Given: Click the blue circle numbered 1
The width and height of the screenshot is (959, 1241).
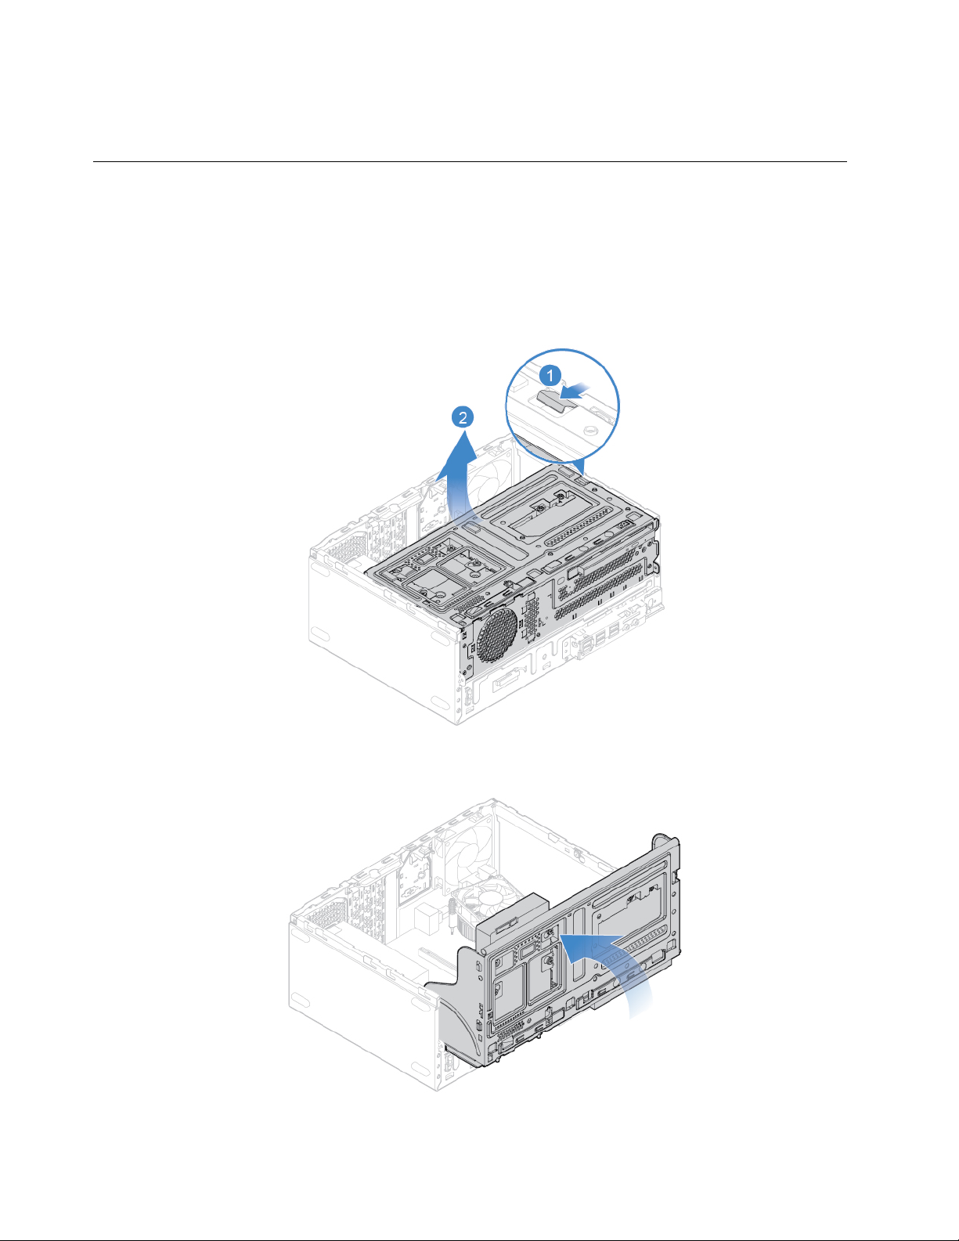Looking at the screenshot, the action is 550,376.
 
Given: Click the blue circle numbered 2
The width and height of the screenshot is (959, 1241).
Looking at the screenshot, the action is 463,417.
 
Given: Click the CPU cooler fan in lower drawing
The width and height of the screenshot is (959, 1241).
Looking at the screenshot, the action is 484,901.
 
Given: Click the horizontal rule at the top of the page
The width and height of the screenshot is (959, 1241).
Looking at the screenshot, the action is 470,161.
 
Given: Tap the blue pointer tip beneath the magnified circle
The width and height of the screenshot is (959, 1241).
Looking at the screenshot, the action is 583,474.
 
